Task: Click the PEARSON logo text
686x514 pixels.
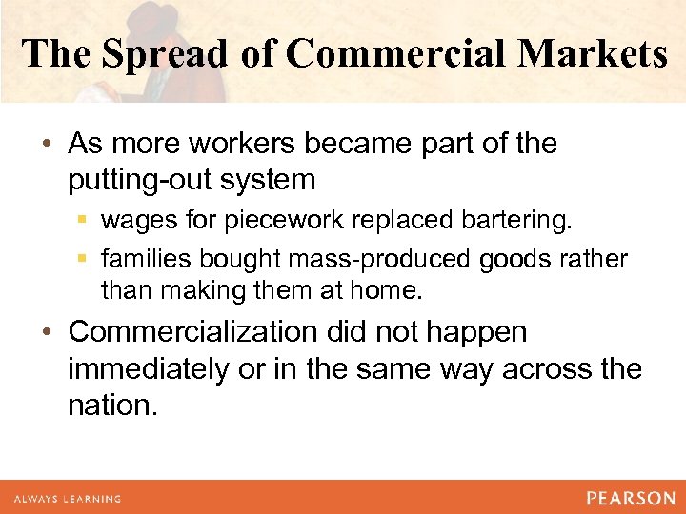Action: tap(630, 498)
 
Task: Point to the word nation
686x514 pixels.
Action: tap(110, 406)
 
